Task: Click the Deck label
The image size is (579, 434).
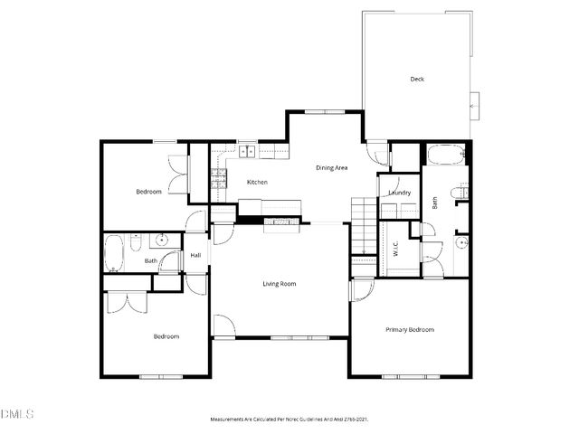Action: (x=417, y=80)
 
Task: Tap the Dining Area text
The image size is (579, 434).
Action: (x=332, y=167)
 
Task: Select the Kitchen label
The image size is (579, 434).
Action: (x=257, y=183)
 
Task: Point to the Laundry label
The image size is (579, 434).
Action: (x=399, y=193)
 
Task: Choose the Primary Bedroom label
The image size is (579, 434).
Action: (x=409, y=330)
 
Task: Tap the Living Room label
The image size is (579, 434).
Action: (x=280, y=284)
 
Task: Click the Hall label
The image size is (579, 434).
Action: (x=195, y=256)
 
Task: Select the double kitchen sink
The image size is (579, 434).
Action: (x=248, y=150)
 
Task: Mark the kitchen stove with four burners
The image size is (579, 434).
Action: (x=217, y=179)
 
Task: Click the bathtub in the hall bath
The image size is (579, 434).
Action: (x=114, y=254)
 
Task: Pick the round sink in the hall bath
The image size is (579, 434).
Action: (x=162, y=241)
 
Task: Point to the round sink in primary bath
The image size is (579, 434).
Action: (x=461, y=242)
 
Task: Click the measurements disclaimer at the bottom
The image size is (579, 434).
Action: (x=289, y=420)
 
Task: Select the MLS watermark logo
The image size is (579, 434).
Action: (x=17, y=414)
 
